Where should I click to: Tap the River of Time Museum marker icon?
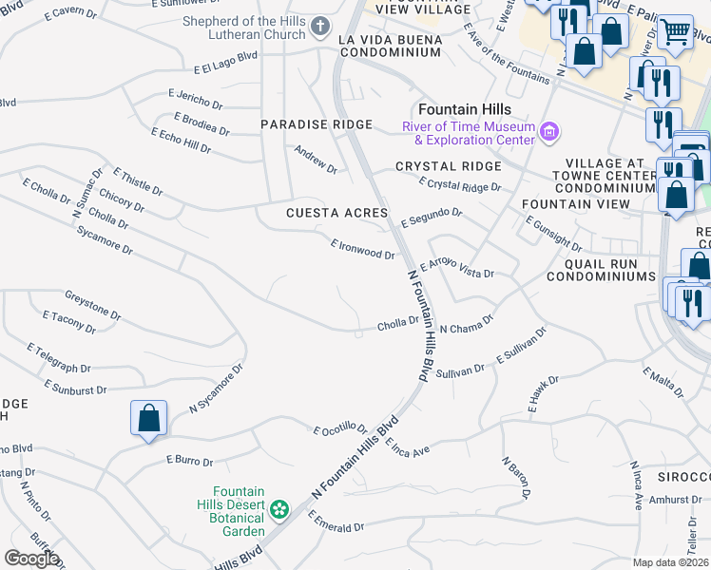548,132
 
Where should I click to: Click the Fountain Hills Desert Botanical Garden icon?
279,510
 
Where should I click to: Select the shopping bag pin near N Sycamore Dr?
149,418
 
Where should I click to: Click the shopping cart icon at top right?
675,33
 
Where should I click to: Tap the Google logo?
31,558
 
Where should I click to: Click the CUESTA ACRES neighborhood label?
336,213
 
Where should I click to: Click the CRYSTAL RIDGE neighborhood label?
448,166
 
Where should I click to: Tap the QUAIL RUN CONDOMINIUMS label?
602,275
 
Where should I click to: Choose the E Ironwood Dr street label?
362,249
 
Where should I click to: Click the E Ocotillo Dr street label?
340,430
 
